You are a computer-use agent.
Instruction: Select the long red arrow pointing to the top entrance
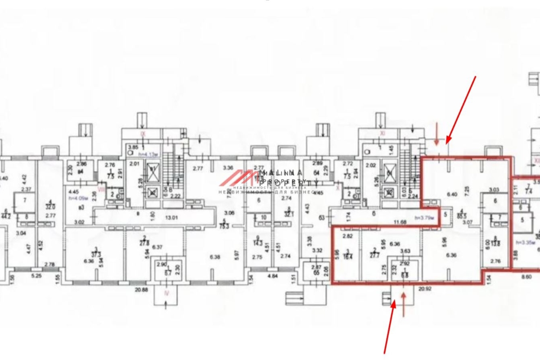pyautogui.click(x=461, y=108)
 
